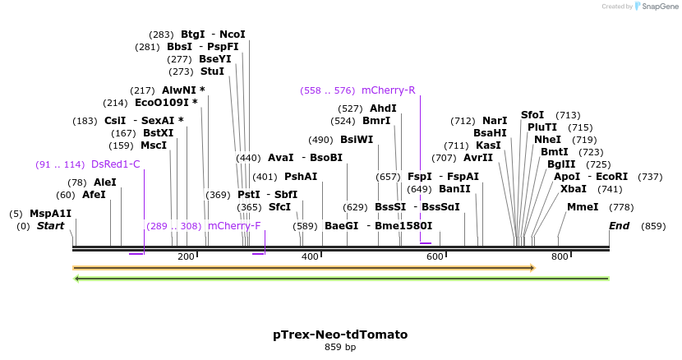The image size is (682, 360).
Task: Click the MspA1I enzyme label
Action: tap(51, 214)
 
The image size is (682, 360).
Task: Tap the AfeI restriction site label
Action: tap(94, 195)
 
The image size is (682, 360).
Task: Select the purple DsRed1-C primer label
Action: tap(116, 164)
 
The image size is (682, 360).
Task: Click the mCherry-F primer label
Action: tap(234, 226)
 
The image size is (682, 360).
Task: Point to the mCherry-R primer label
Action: tap(389, 90)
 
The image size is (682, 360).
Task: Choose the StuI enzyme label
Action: tap(212, 72)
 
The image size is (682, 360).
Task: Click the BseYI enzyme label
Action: tap(215, 59)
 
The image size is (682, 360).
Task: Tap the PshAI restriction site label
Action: tap(301, 177)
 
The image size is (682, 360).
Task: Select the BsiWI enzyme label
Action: tap(357, 140)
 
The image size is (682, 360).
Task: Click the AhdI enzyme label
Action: tap(383, 108)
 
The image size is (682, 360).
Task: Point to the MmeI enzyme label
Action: tap(583, 207)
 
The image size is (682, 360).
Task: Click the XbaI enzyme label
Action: tap(574, 189)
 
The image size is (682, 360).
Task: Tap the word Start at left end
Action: tap(50, 226)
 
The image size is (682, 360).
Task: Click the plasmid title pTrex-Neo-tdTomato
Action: tap(340, 335)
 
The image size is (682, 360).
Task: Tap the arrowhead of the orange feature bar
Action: tap(532, 268)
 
